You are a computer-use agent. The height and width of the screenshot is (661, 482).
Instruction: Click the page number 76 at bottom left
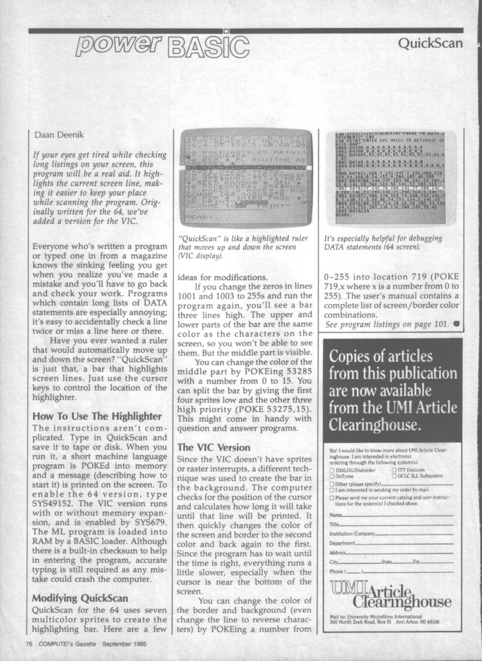(x=28, y=644)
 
